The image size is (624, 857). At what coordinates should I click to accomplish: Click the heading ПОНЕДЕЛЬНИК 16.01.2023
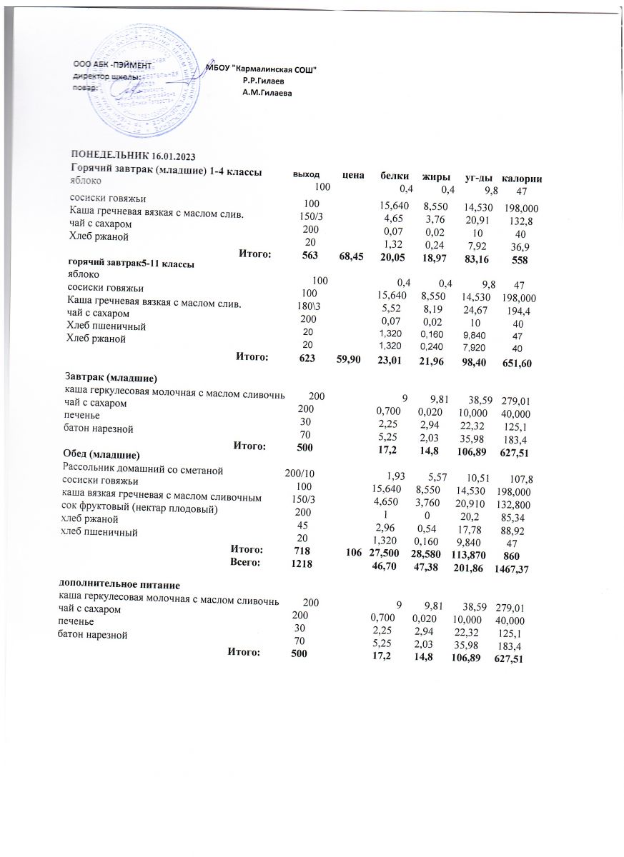(132, 156)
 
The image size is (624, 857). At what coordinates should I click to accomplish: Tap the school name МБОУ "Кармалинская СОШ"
(261, 69)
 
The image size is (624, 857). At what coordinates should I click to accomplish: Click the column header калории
(522, 177)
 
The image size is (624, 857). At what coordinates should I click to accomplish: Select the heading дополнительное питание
(117, 585)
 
